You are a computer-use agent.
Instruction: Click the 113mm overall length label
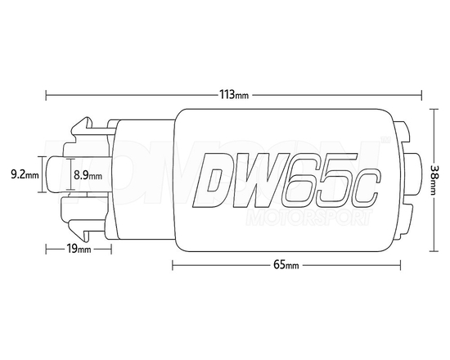coord(234,93)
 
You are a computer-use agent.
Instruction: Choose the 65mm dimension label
coord(286,265)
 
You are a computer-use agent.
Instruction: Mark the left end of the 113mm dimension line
coord(47,93)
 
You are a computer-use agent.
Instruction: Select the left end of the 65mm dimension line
coord(173,265)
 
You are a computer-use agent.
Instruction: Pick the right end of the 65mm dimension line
coord(403,265)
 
